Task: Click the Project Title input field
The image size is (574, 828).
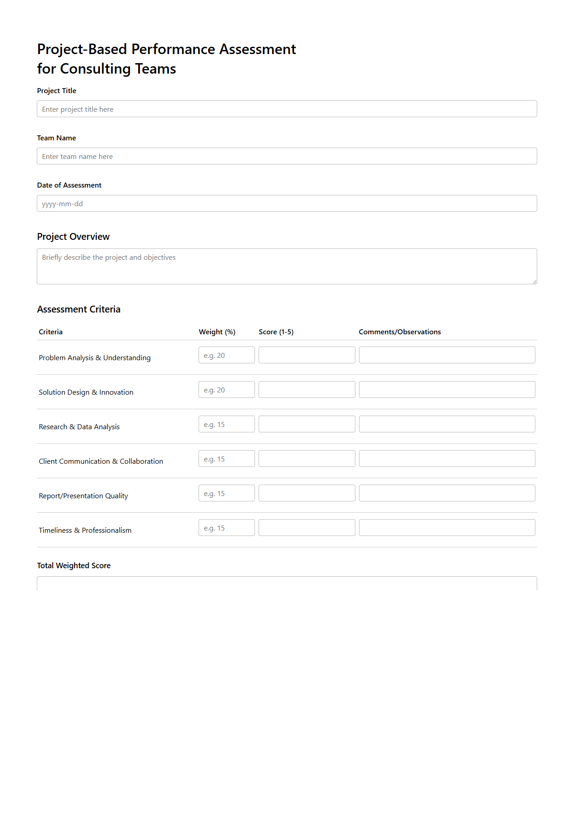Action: tap(286, 109)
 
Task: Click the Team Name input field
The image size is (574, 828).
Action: tap(286, 156)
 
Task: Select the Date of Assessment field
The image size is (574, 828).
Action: tap(286, 203)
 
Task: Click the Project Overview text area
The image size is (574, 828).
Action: tap(286, 266)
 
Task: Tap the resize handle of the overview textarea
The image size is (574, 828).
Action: tap(534, 282)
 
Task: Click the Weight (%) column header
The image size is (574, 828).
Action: tap(217, 332)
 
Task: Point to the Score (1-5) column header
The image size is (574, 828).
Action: tap(276, 332)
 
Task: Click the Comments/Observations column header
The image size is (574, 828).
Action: tap(399, 332)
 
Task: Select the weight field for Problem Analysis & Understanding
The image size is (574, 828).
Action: tap(226, 355)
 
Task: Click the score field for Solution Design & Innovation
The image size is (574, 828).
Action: tap(307, 390)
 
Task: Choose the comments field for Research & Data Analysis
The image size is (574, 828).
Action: tap(447, 424)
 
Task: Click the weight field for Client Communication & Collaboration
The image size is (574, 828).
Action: tap(226, 459)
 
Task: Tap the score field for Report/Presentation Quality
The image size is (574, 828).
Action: tap(307, 493)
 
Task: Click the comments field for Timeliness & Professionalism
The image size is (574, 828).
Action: tap(447, 528)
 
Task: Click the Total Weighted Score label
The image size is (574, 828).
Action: tap(74, 565)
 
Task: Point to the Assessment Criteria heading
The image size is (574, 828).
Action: tap(79, 309)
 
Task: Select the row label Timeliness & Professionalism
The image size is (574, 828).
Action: tap(85, 531)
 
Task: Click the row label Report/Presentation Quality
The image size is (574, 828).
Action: tap(83, 496)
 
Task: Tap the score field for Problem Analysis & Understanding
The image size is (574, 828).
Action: tap(307, 355)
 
